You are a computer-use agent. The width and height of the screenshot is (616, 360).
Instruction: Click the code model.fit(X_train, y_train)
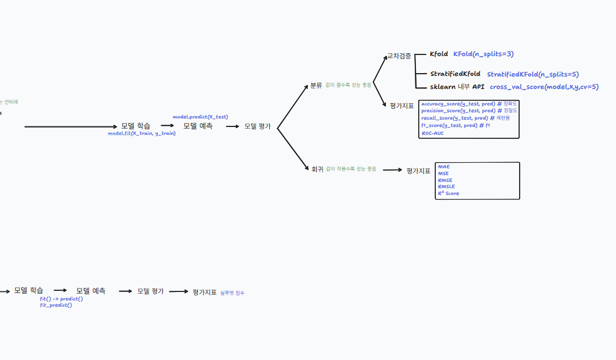point(142,134)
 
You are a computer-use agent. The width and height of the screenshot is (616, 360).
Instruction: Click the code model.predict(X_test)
point(200,117)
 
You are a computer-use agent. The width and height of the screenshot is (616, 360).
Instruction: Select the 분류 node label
point(316,86)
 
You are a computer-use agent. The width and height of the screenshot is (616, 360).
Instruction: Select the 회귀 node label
point(317,169)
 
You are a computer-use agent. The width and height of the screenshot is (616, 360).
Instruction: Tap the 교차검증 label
point(399,56)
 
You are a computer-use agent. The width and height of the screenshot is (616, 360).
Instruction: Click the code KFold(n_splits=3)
point(483,54)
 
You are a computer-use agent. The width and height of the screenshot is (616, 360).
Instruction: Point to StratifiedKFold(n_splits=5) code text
point(533,74)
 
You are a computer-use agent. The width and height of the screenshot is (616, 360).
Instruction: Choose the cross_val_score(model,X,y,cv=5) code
point(544,87)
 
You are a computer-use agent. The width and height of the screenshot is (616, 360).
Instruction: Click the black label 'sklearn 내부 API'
point(457,87)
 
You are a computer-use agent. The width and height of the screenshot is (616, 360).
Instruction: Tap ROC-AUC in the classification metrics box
point(432,133)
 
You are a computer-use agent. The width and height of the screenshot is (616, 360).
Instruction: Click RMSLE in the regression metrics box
point(446,187)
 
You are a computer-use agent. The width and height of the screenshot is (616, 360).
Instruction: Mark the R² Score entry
point(448,193)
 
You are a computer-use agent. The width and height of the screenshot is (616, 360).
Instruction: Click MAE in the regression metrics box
point(444,167)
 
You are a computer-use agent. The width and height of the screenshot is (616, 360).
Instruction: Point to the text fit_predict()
point(56,305)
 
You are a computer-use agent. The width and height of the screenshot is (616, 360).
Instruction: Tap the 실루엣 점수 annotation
point(232,293)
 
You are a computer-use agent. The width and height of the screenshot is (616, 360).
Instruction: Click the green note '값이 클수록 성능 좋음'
point(349,86)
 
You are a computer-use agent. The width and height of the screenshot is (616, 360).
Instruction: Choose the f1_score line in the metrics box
point(455,125)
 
